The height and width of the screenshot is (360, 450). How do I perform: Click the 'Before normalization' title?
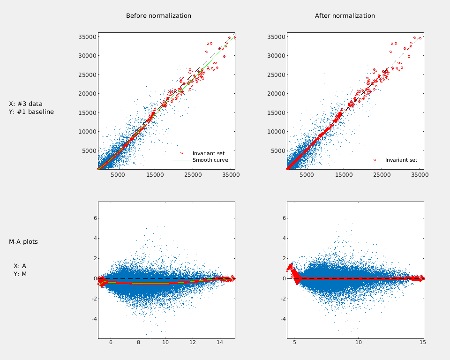[x=158, y=16]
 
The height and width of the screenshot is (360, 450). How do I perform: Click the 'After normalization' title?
[x=345, y=16]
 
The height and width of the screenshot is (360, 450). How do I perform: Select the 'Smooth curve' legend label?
[x=210, y=160]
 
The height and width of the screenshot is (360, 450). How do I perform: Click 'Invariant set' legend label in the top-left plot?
[x=208, y=153]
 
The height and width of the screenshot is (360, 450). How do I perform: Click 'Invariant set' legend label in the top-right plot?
[x=401, y=160]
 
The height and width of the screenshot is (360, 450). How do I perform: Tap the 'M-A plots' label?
[x=23, y=242]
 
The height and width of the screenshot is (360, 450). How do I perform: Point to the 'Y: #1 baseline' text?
[x=31, y=112]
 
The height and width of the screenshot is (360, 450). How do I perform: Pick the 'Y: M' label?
[x=20, y=274]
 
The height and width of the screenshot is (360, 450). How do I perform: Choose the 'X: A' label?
[x=20, y=266]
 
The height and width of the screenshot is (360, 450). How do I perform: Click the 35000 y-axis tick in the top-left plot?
[x=87, y=37]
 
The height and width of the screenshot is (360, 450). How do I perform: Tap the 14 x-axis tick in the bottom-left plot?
[x=220, y=344]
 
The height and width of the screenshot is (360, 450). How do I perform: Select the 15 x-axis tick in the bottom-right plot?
[x=422, y=344]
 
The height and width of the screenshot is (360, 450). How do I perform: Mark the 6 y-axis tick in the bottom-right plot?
[x=282, y=218]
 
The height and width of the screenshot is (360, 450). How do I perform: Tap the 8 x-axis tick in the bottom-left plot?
[x=138, y=344]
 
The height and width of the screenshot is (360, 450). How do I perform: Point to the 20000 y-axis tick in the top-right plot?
[x=276, y=93]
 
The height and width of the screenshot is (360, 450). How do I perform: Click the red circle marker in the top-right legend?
[x=375, y=160]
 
